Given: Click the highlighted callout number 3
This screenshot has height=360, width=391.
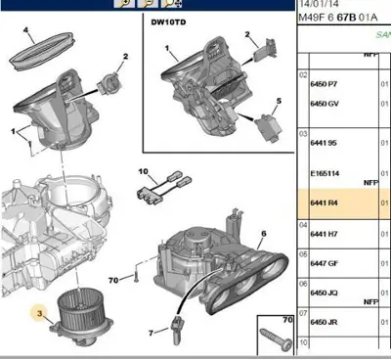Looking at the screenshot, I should click(x=39, y=313).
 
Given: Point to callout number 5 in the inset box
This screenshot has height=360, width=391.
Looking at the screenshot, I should click(x=278, y=102).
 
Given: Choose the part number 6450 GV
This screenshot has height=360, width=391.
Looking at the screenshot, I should click(x=324, y=105).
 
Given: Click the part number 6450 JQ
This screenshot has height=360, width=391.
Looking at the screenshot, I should click(x=324, y=292).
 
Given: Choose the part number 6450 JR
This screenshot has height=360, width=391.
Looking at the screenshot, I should click(x=324, y=322).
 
